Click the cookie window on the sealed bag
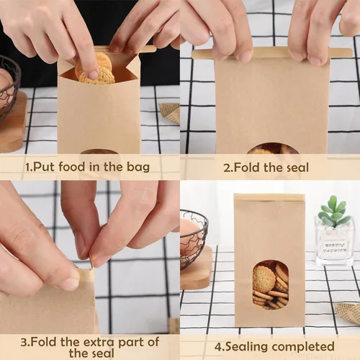[271, 284]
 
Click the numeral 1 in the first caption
[28, 167]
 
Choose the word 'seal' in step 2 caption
[294, 168]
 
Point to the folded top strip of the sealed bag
[269, 197]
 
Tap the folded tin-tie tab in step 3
[84, 275]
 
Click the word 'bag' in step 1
[137, 167]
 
